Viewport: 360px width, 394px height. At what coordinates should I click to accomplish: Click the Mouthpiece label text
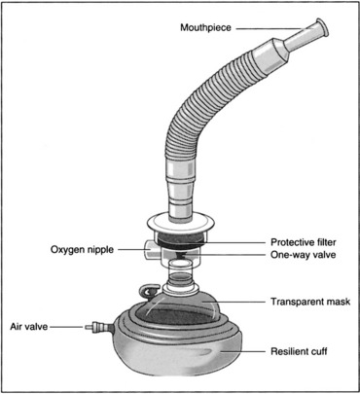coord(205,27)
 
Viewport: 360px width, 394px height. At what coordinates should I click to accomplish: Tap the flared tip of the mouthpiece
coord(322,27)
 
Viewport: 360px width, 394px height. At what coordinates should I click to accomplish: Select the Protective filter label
coord(304,242)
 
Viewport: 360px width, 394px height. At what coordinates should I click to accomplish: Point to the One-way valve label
coord(304,255)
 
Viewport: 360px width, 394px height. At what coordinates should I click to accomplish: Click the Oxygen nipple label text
coord(82,250)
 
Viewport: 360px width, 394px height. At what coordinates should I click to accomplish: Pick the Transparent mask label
coord(310,302)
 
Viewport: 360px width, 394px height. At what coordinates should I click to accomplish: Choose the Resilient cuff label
coord(299,351)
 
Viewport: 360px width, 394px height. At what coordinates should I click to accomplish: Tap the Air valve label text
coord(29,327)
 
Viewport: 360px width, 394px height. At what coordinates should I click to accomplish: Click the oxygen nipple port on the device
coord(150,249)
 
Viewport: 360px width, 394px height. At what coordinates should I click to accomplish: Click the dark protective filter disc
coord(181,240)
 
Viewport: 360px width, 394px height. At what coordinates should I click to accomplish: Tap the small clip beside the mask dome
coord(149,291)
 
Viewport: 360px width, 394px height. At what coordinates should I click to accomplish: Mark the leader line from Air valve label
coord(66,327)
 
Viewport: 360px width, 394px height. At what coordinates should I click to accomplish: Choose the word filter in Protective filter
coord(325,242)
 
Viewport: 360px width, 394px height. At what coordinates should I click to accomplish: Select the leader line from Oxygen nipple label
coord(132,249)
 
